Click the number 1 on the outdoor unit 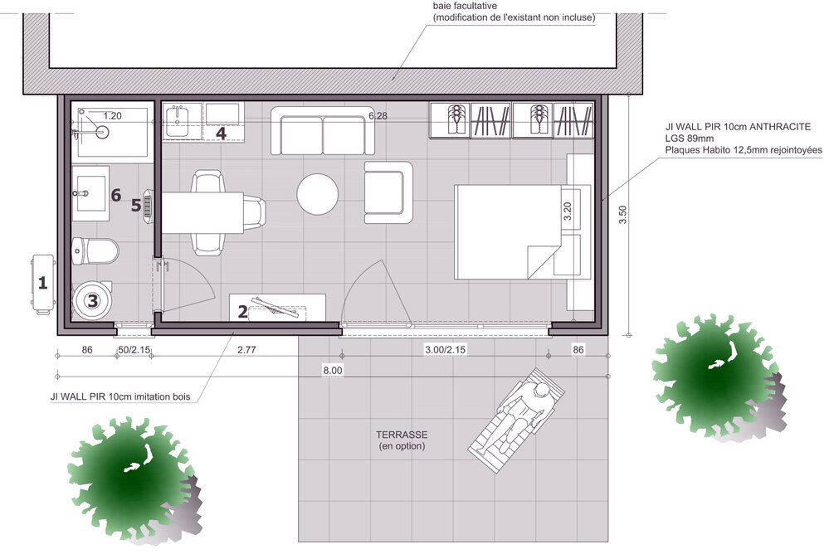point(43,283)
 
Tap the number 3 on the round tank point(93,300)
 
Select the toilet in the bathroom point(95,251)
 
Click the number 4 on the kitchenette point(221,134)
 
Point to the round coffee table point(317,194)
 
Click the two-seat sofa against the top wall point(323,131)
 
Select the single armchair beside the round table point(388,192)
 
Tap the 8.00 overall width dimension point(333,371)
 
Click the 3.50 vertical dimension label point(622,215)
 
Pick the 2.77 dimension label point(246,350)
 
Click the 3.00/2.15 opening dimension point(445,350)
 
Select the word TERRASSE point(402,435)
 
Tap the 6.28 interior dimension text point(378,116)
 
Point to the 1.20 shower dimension point(112,116)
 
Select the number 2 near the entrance point(242,312)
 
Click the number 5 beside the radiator point(136,205)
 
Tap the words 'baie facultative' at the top point(465,7)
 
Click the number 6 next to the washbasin point(116,195)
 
